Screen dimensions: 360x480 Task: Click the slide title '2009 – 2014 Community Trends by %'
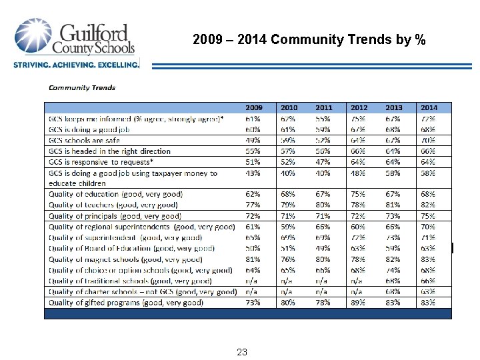pos(309,39)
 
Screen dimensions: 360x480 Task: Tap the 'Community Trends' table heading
pos(82,87)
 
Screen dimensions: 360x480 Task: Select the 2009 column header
pos(254,107)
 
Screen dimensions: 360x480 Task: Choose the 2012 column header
pos(359,107)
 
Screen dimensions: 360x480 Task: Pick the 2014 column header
pos(428,107)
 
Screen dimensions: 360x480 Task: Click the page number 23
pos(241,351)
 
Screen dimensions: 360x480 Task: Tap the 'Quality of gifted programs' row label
pos(125,302)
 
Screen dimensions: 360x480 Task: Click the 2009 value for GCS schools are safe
pos(253,140)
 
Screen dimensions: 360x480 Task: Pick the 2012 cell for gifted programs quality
pos(359,302)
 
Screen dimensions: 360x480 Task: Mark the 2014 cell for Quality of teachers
pos(428,205)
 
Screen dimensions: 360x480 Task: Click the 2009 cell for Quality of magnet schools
pos(253,259)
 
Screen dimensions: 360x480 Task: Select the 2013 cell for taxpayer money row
pos(393,173)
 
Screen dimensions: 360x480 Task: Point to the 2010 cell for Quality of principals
pos(289,215)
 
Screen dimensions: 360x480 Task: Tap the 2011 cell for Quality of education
pos(324,194)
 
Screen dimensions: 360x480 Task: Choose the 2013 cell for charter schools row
pos(393,291)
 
